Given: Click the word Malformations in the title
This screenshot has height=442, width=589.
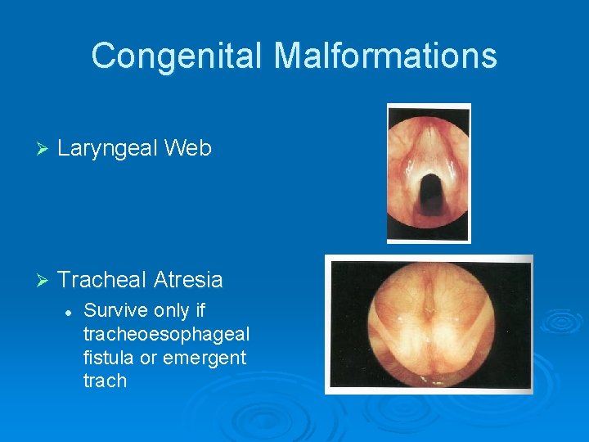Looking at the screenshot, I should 385,56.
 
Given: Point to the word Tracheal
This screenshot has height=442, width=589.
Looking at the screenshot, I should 102,280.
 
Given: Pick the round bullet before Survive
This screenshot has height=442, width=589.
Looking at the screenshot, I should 70,312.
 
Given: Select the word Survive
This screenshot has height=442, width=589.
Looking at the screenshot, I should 113,311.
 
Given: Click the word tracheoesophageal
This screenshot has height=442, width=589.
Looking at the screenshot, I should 166,335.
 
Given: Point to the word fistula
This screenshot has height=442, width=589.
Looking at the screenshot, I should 106,358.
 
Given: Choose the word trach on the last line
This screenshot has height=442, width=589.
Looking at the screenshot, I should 105,381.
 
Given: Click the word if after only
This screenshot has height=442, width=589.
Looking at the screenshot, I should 200,311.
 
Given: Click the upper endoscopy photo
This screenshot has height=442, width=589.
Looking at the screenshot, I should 429,173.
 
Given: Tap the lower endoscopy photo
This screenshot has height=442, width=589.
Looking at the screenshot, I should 429,325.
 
